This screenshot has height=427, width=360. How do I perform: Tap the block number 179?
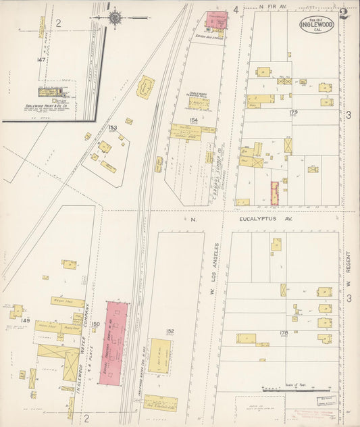click(x=293, y=112)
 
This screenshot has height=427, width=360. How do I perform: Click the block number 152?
click(x=170, y=331)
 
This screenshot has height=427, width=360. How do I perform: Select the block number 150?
click(x=95, y=324)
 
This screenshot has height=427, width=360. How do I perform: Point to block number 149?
click(x=26, y=320)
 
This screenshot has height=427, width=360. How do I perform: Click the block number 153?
click(x=112, y=127)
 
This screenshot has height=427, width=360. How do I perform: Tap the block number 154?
click(x=194, y=120)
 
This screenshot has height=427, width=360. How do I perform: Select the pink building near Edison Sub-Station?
click(x=217, y=21)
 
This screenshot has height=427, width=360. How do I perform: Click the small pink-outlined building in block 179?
click(x=275, y=193)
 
